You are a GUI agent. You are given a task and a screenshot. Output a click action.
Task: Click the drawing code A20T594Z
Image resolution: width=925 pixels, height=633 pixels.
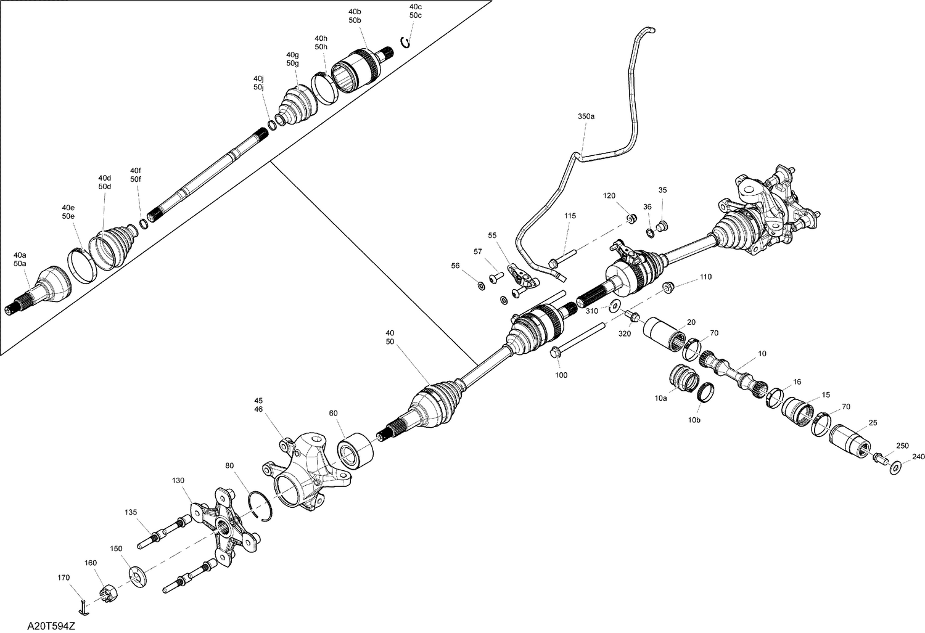[x=51, y=626]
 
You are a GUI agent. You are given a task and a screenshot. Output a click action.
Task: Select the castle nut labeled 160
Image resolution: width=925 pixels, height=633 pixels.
[x=108, y=595]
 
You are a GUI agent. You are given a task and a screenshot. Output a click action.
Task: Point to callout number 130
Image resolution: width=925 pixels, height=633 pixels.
[x=178, y=480]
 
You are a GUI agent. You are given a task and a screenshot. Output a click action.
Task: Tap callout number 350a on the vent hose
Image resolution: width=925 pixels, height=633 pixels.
[x=586, y=116]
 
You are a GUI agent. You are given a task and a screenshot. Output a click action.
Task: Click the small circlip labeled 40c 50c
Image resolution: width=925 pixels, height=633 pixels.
[x=405, y=41]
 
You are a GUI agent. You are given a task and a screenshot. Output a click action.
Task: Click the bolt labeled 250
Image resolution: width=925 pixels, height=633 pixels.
[x=880, y=459]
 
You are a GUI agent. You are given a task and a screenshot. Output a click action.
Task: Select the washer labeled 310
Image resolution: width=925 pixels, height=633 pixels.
[x=614, y=306]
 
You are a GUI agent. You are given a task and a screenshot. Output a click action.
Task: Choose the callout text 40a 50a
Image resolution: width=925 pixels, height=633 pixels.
[x=20, y=259]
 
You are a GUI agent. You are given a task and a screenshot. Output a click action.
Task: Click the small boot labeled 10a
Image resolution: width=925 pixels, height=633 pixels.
[x=682, y=377]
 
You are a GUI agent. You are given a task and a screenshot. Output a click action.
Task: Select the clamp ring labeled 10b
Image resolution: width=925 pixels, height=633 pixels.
[x=705, y=393]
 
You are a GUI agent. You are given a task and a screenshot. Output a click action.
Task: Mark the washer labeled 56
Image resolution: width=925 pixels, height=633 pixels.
[x=481, y=285]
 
